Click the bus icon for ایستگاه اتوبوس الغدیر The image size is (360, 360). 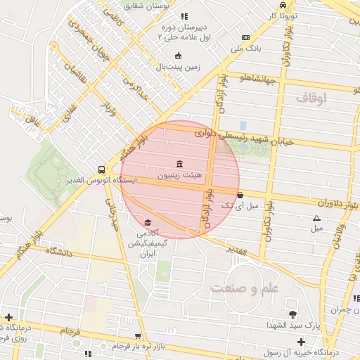point(103,169)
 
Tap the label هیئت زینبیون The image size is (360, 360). point(178,174)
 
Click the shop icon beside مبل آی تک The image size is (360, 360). point(240,195)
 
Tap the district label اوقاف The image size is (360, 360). point(311,99)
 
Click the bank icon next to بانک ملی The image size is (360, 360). point(245,37)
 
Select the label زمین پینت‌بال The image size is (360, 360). point(178,67)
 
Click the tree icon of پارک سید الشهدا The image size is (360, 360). point(292,314)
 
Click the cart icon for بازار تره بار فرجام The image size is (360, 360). point(138,337)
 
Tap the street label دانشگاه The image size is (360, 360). point(60,250)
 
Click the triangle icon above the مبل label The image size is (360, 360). point(316,219)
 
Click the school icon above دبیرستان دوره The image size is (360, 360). point(184,16)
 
